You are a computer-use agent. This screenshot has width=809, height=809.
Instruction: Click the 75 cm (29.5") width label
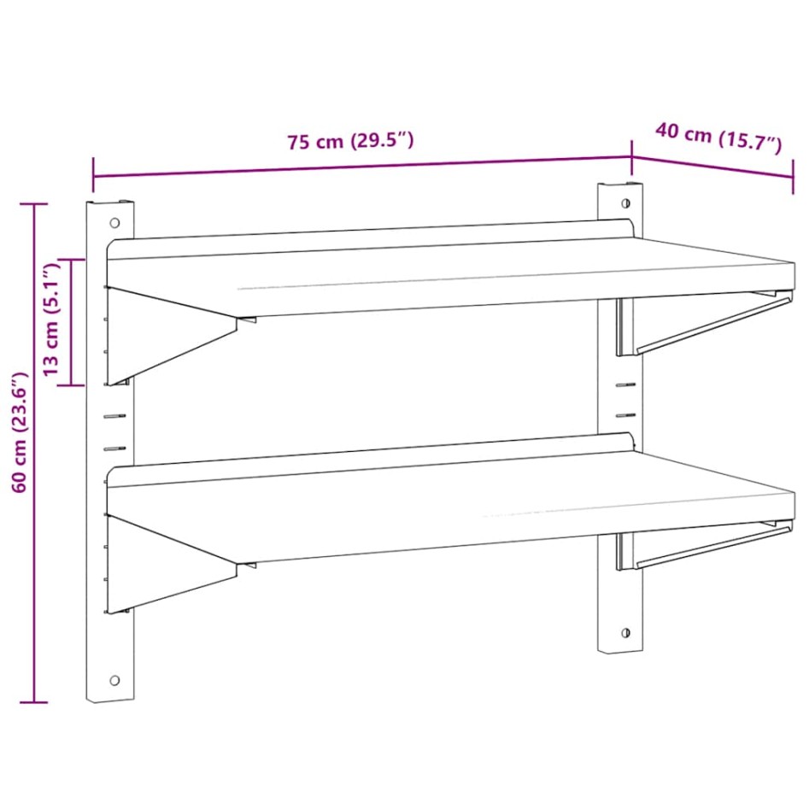[x=350, y=141]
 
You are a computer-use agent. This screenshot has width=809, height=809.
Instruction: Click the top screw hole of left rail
[x=114, y=223]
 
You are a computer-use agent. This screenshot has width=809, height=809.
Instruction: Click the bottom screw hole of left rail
[x=114, y=680]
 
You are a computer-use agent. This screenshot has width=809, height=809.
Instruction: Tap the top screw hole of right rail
[x=625, y=203]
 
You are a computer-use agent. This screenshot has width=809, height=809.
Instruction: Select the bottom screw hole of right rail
[x=625, y=633]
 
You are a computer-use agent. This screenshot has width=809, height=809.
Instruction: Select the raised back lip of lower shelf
[x=367, y=454]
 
